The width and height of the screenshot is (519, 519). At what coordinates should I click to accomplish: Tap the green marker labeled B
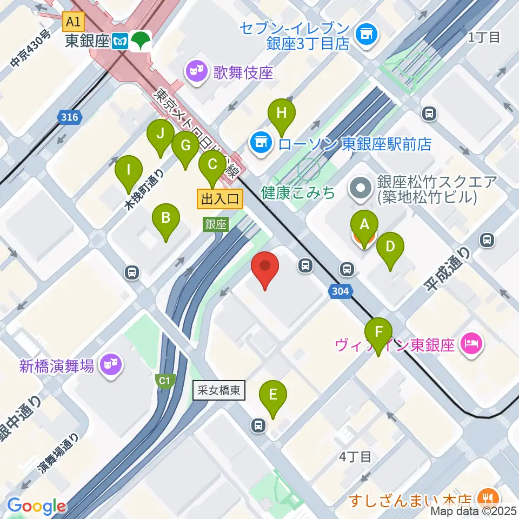click(x=166, y=218)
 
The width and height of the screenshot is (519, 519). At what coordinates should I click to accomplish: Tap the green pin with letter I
click(x=129, y=170)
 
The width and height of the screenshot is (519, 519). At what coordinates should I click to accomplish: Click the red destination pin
click(x=265, y=267)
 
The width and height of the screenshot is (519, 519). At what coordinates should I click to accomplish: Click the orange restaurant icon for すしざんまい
click(x=488, y=496)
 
